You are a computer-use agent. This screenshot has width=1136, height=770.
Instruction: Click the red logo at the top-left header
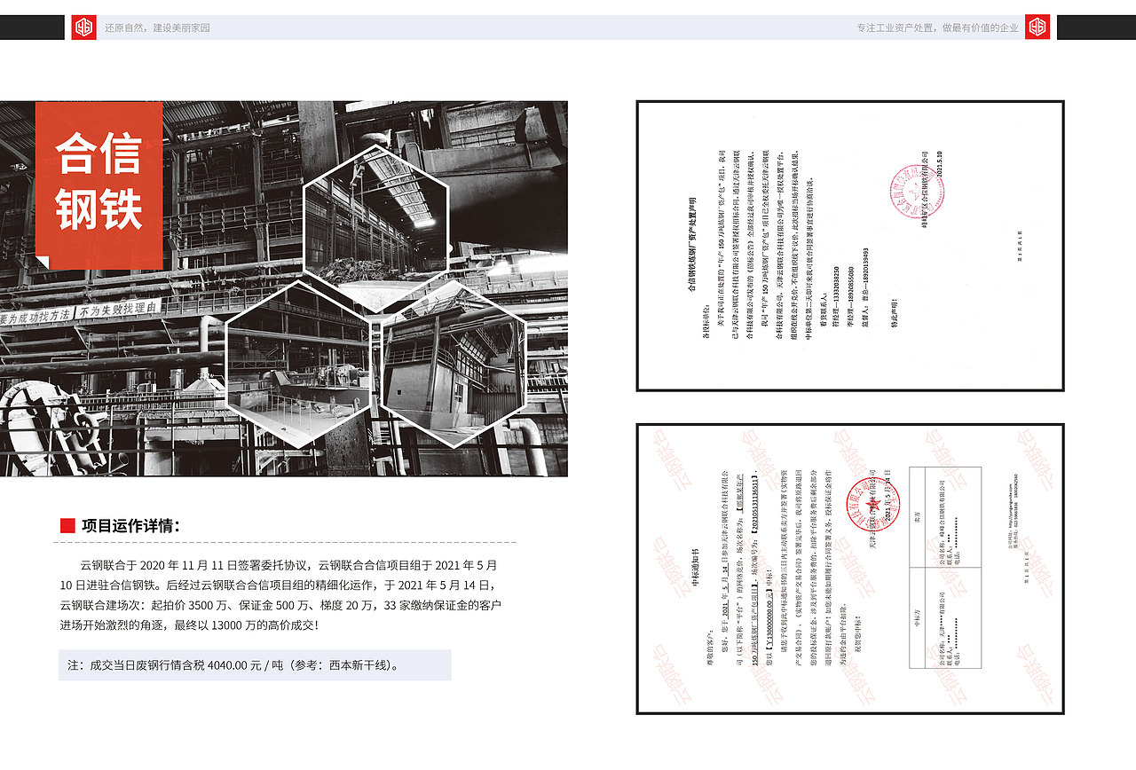(x=83, y=27)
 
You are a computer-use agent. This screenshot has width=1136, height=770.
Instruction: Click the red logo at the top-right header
(x=1037, y=27)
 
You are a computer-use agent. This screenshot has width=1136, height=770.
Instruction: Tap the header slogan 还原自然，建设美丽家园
(x=157, y=27)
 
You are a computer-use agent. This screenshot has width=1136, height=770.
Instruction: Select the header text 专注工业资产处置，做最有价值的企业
(x=937, y=27)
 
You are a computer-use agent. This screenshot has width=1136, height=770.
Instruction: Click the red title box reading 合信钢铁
(x=99, y=184)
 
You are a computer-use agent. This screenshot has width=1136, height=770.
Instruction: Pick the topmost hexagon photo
(x=376, y=229)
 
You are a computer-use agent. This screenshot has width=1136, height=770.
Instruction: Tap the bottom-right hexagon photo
(x=454, y=364)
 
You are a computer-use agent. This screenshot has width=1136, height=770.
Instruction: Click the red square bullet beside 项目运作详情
(x=67, y=526)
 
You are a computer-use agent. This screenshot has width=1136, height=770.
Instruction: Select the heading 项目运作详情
(x=130, y=526)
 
